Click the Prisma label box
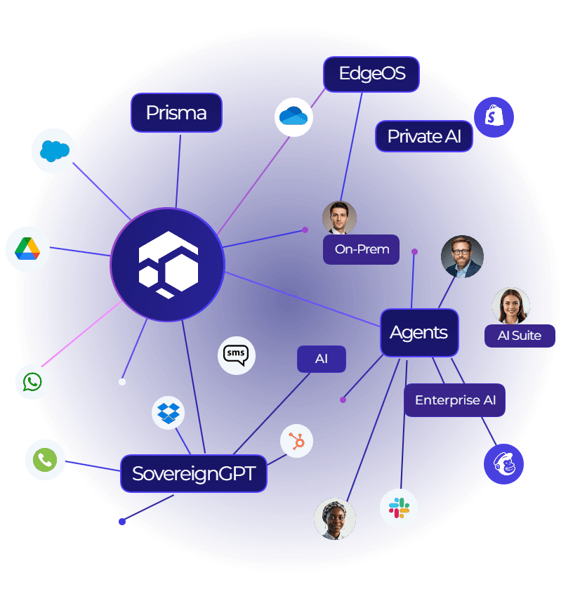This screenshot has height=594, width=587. [176, 112]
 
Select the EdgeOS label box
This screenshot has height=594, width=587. [371, 74]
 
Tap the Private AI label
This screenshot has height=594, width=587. [424, 136]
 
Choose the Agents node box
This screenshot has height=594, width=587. [418, 332]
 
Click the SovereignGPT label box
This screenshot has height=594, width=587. [193, 473]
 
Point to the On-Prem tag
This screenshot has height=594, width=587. [362, 249]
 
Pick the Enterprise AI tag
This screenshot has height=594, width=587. [455, 400]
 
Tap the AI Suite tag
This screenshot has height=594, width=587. [520, 335]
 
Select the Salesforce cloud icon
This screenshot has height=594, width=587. [53, 151]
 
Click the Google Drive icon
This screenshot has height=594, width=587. [27, 249]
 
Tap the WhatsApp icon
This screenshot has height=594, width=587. [32, 382]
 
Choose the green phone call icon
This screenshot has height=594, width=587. [45, 460]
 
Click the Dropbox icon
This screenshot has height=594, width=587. [169, 413]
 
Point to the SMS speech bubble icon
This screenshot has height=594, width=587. [236, 355]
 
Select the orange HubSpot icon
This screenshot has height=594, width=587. [296, 441]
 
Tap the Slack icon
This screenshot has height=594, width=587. [399, 508]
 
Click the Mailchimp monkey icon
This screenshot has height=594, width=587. [503, 463]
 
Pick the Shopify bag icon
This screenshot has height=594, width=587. [494, 117]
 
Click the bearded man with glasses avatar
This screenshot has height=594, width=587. [462, 256]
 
